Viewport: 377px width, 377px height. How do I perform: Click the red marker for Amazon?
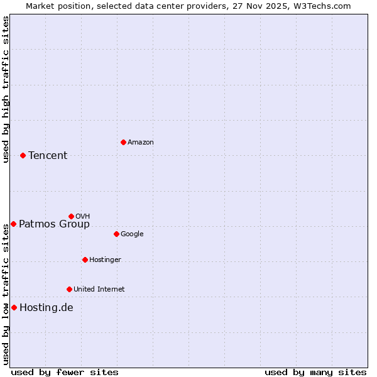(x=123, y=142)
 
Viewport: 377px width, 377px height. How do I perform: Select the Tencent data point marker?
(x=23, y=155)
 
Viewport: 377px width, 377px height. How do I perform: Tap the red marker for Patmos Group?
(x=13, y=224)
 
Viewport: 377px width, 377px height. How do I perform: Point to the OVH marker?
(x=71, y=216)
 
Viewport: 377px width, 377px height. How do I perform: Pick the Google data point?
(x=116, y=234)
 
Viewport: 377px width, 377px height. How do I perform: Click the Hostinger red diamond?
(x=85, y=260)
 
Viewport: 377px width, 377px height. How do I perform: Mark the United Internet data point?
(x=69, y=289)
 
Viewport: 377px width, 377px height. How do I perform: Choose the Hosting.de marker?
(x=14, y=307)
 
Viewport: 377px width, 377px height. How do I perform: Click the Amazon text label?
(x=141, y=143)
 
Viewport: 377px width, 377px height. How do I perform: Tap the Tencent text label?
(x=48, y=156)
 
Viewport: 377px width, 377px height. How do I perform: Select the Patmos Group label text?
(x=54, y=224)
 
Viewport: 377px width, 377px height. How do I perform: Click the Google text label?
(x=132, y=234)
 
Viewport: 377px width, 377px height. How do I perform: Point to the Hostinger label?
(x=105, y=260)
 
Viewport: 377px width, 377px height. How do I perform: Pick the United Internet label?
(x=99, y=290)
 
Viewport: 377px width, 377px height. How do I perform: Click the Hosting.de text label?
(x=46, y=308)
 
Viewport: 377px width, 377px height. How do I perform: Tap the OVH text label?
(x=82, y=217)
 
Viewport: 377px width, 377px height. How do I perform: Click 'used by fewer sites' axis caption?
(x=65, y=373)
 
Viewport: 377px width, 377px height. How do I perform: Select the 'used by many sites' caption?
(x=315, y=373)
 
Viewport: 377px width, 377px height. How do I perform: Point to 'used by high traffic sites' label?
(x=6, y=89)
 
